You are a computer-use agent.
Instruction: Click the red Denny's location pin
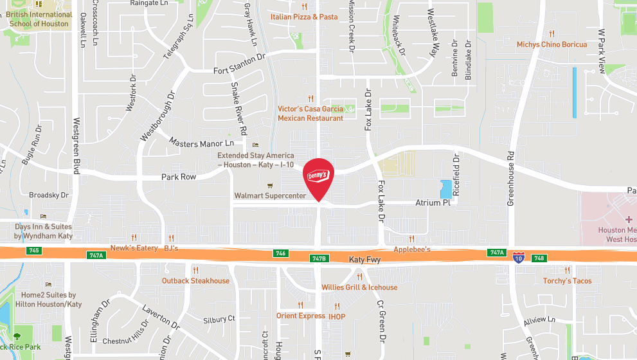[318, 177]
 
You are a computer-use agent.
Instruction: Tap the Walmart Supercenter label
[270, 195]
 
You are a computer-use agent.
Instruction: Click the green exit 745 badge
[34, 250]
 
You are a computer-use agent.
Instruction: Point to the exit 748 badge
[539, 258]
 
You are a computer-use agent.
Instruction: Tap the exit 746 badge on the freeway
[280, 253]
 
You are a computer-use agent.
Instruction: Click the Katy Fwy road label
[364, 260]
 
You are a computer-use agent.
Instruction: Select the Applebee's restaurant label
[411, 249]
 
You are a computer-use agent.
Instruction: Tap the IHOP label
[337, 316]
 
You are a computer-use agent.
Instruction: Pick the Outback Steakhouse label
[195, 281]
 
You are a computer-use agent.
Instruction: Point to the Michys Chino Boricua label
[552, 44]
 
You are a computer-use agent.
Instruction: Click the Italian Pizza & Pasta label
[304, 17]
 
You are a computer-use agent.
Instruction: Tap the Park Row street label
[179, 177]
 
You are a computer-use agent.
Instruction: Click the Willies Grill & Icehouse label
[359, 287]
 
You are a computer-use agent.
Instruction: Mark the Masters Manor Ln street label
[202, 142]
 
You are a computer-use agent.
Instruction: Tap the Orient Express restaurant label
[301, 316]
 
